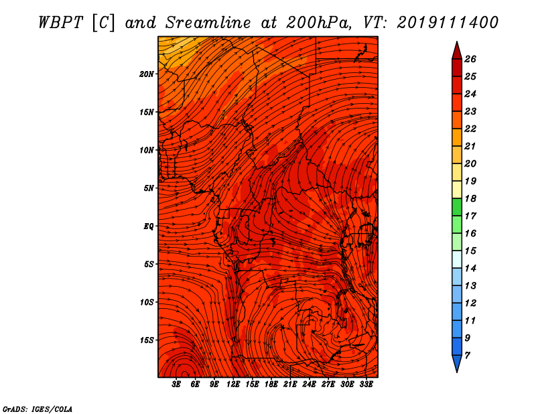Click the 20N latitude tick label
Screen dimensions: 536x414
(146, 74)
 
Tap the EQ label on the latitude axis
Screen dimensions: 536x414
(148, 226)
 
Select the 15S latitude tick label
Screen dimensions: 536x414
(146, 340)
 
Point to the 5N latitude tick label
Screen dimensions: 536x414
(149, 188)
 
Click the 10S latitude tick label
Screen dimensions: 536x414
(146, 302)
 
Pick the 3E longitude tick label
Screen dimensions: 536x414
(176, 385)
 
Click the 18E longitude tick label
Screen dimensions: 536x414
(271, 385)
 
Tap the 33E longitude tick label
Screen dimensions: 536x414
(366, 385)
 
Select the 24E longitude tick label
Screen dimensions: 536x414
(309, 385)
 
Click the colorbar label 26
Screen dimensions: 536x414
(470, 59)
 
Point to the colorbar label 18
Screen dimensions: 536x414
(470, 198)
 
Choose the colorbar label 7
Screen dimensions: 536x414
(467, 356)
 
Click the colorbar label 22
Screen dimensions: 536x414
(470, 129)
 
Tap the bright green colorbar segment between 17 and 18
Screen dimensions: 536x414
(457, 207)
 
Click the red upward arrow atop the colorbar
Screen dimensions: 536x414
(457, 51)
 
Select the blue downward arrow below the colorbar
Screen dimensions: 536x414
(457, 364)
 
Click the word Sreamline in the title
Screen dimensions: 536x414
(208, 23)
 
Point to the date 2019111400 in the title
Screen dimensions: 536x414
(448, 23)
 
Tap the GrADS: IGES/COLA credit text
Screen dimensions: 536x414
(38, 409)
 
